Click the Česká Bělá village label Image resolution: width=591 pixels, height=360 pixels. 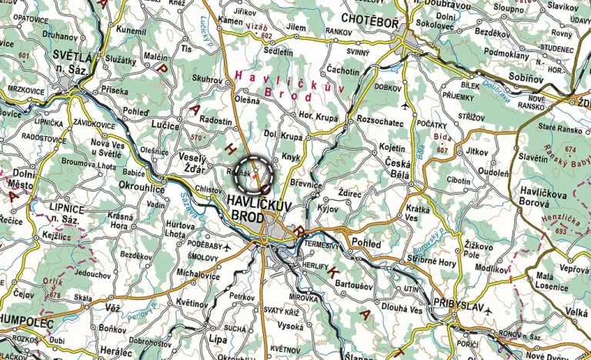coord(397,165)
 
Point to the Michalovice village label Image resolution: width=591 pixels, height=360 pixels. coord(198,273)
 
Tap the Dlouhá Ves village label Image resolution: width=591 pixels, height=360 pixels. coord(404,309)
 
